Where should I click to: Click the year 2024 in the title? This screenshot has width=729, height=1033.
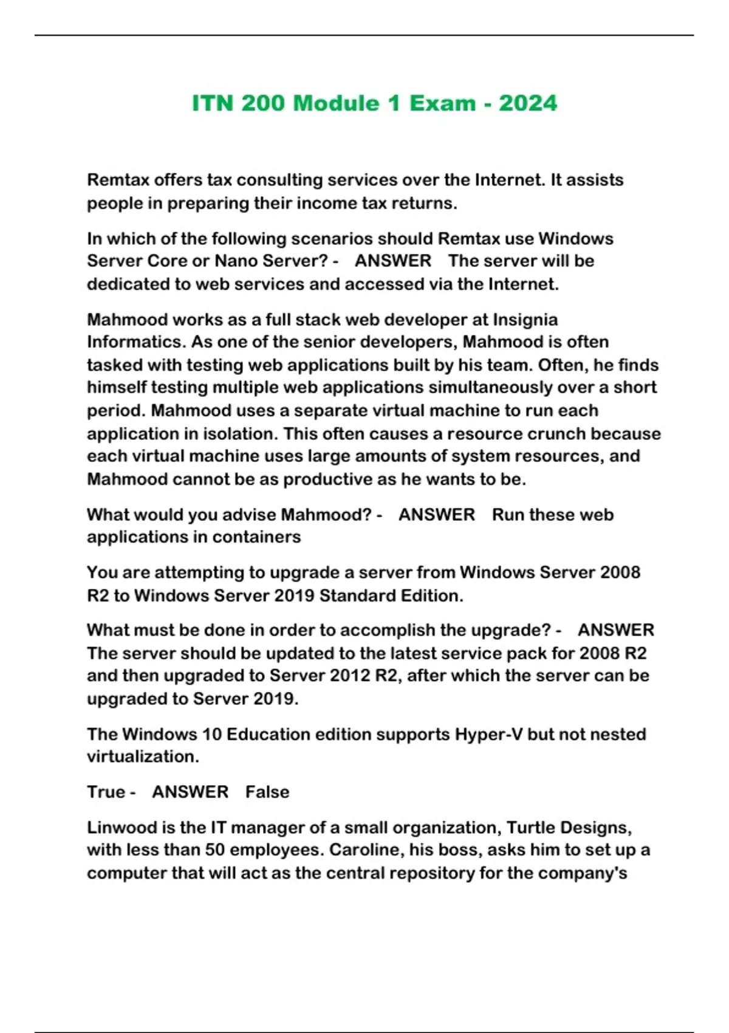tap(527, 103)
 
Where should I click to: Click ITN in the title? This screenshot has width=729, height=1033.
tap(213, 103)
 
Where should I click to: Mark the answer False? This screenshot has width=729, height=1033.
tap(267, 792)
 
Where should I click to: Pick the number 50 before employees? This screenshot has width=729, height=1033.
tap(215, 850)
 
